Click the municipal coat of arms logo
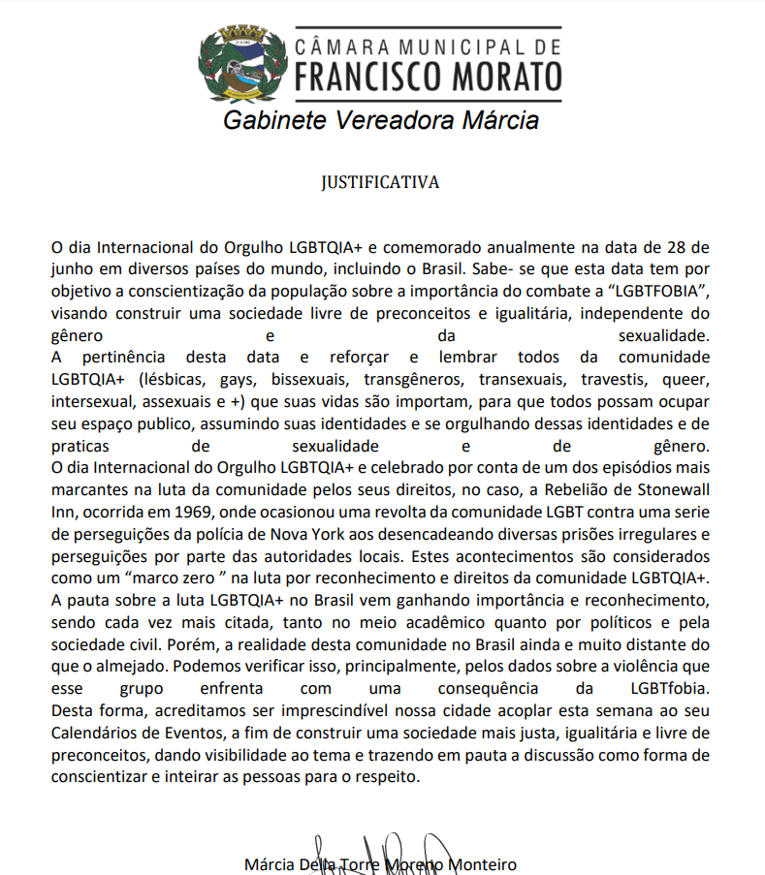[241, 64]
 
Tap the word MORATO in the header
[504, 75]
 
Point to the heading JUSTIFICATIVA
[381, 181]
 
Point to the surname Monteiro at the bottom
[480, 863]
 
